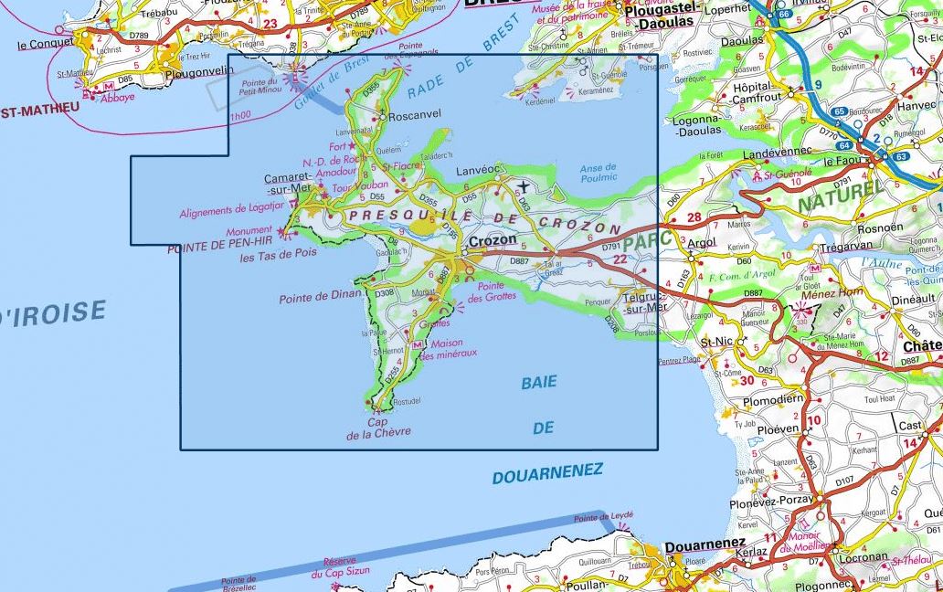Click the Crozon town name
coord(492,240)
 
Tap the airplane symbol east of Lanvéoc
coord(523,187)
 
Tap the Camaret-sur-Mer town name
coord(288,183)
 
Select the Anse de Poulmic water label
coord(599,172)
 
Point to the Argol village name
coord(701,243)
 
